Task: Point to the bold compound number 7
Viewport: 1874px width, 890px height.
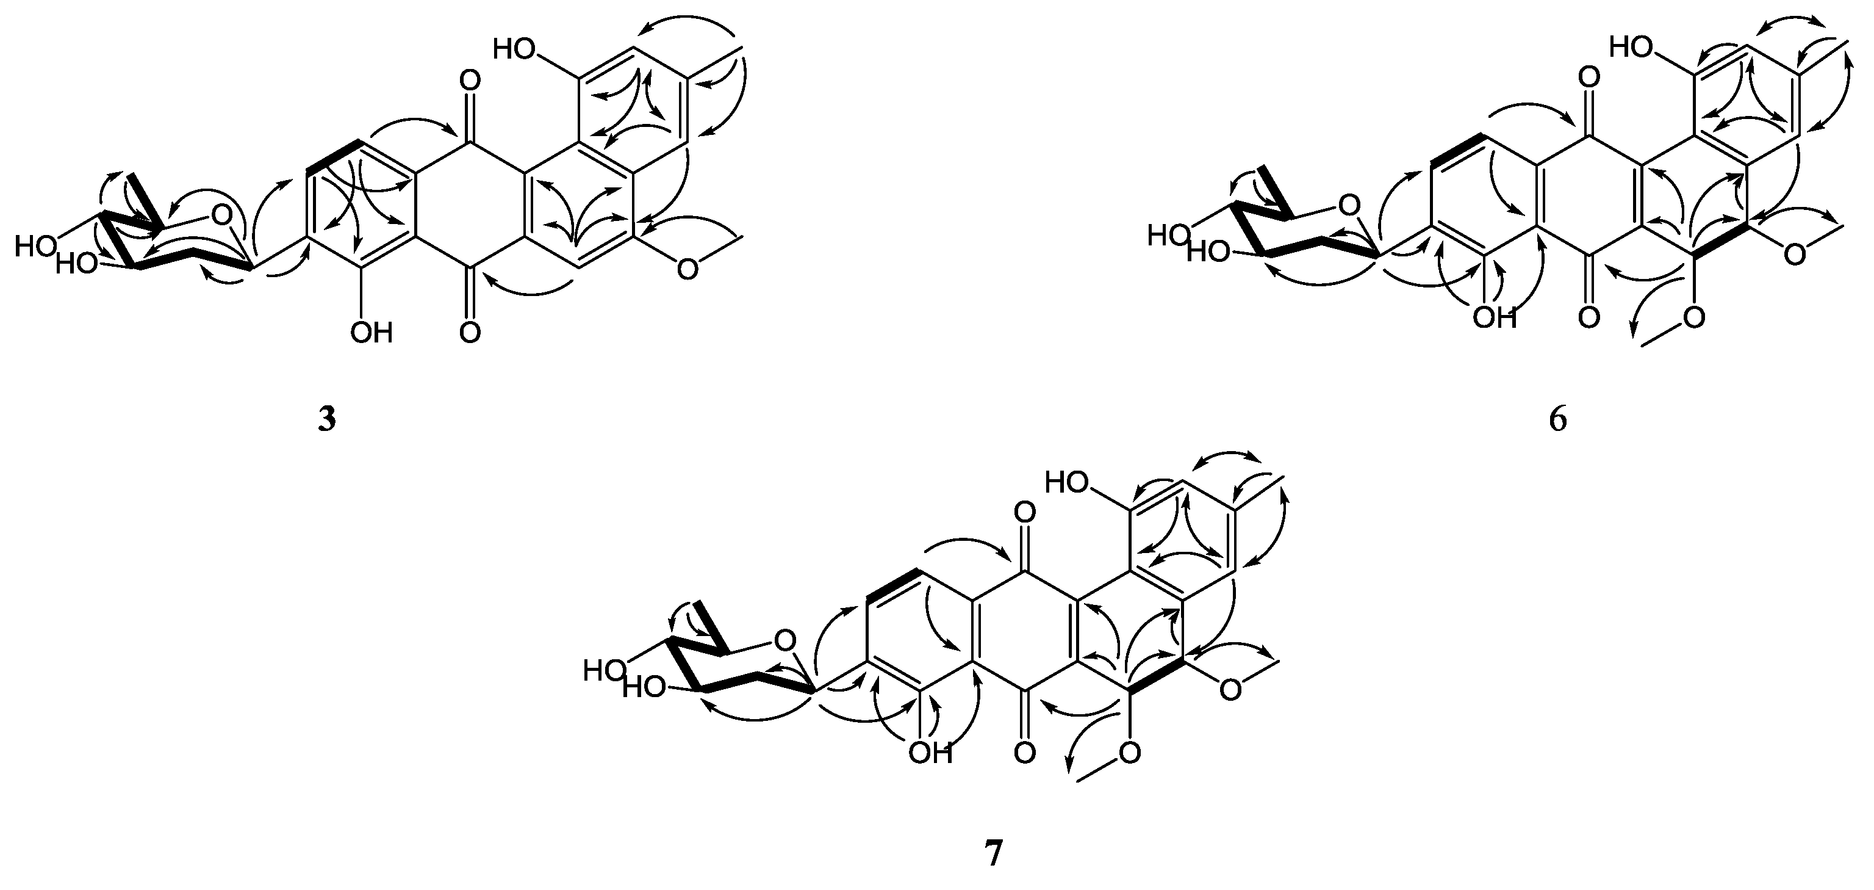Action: click(x=993, y=853)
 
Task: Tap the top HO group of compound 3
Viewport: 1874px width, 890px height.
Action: click(x=514, y=49)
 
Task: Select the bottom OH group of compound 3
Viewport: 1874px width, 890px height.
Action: click(x=371, y=333)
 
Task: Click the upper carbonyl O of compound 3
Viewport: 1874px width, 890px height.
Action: click(x=471, y=79)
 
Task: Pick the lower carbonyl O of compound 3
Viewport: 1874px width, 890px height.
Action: click(x=471, y=333)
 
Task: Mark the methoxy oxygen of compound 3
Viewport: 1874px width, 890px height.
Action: click(x=687, y=269)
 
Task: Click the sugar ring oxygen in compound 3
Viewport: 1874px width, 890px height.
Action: click(x=224, y=215)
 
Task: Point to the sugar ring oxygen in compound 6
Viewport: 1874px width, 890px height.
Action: click(x=1349, y=206)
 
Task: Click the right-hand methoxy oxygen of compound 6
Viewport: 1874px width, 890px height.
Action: click(x=1795, y=254)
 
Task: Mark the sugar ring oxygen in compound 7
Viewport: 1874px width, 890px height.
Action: click(x=784, y=641)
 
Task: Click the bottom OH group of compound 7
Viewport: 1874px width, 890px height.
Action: click(x=930, y=753)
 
